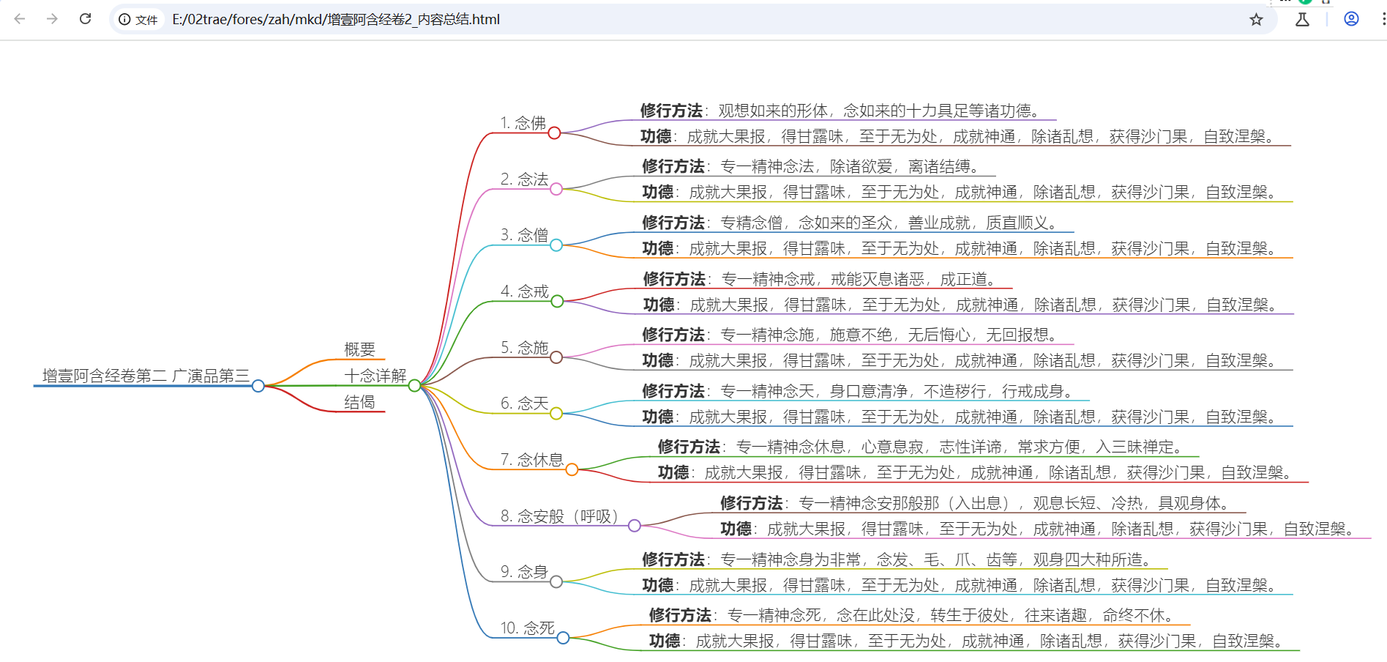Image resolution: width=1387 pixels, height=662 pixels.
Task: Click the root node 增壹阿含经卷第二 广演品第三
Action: (146, 376)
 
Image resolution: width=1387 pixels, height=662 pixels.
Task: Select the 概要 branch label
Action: (359, 349)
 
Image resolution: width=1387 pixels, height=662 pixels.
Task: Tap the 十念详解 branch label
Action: (375, 376)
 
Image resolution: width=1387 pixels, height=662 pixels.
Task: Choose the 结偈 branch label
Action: (359, 402)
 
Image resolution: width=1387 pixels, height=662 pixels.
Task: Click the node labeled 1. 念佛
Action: (523, 123)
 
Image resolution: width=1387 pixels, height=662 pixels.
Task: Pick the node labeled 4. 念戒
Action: (524, 291)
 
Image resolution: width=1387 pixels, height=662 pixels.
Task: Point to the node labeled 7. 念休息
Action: (532, 460)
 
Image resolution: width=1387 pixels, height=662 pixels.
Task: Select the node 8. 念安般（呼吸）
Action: (560, 516)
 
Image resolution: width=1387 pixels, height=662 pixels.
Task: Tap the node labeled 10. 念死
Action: (527, 628)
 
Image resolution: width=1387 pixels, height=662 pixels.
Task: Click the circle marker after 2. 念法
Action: (556, 189)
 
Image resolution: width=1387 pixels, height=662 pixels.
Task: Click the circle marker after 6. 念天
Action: (556, 414)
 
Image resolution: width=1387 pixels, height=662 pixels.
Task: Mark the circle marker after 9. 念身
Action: (556, 581)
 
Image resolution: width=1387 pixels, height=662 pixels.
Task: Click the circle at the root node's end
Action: (258, 386)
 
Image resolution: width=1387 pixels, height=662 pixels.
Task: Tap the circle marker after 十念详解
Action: (414, 386)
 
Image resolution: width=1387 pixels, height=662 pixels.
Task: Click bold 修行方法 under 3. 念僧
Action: (673, 223)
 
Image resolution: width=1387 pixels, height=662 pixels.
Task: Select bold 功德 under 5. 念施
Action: (658, 360)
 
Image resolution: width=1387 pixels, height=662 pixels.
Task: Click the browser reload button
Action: (86, 19)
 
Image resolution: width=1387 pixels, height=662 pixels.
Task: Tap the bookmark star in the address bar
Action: (1256, 20)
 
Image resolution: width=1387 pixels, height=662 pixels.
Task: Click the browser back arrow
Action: (20, 19)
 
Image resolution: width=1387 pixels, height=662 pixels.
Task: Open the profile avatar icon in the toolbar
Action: (1351, 20)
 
